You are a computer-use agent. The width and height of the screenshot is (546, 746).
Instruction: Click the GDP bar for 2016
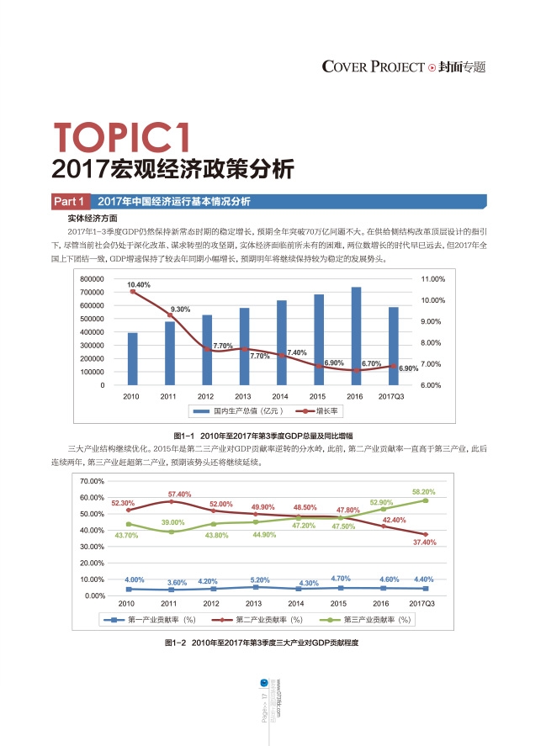[356, 336]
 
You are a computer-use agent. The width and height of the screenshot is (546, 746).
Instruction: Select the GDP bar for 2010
[132, 358]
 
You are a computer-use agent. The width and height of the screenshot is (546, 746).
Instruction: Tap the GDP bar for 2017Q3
[393, 346]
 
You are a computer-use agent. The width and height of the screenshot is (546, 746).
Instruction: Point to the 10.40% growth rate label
[139, 285]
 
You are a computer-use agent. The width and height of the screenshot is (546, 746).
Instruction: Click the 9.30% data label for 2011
[181, 310]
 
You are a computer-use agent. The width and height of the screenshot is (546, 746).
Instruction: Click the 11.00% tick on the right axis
[432, 278]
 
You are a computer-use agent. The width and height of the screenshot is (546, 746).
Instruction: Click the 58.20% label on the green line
[423, 491]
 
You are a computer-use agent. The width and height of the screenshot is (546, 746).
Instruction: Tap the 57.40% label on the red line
[180, 495]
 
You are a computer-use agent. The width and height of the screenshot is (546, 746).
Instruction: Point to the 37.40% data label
[424, 542]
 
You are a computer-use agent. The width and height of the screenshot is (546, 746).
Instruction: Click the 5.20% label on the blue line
[260, 580]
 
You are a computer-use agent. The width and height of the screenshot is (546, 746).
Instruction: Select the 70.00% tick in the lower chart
[92, 481]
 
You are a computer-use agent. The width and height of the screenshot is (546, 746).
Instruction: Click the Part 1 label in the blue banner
[69, 202]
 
